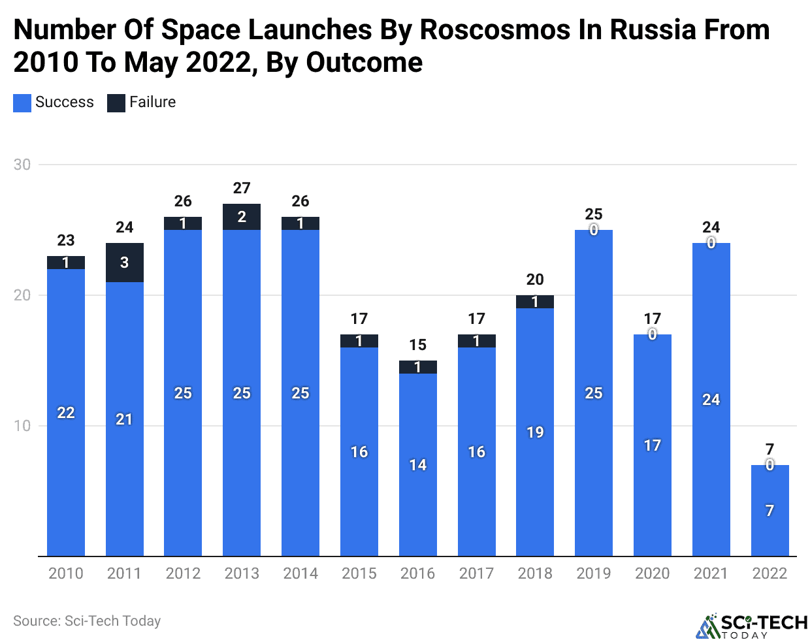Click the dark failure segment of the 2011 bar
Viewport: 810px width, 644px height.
point(124,263)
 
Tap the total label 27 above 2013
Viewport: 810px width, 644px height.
point(242,188)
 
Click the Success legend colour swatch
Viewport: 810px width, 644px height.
point(22,103)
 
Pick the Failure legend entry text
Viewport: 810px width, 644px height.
point(152,102)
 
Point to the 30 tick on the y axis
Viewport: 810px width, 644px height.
point(22,165)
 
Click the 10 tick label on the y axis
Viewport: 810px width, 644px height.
point(22,426)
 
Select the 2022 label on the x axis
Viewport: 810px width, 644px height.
point(769,573)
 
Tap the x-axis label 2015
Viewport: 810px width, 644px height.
point(359,573)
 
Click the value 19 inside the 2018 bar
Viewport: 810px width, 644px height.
point(535,432)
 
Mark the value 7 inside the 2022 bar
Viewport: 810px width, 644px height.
point(769,511)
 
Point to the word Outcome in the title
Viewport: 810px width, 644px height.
point(364,63)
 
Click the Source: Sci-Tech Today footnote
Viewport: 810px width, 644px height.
point(87,621)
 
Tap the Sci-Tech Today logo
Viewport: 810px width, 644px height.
point(751,626)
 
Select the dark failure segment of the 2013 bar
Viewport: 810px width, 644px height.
point(242,217)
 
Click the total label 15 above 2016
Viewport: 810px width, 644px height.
point(417,345)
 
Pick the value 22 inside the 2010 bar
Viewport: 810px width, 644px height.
point(66,413)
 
